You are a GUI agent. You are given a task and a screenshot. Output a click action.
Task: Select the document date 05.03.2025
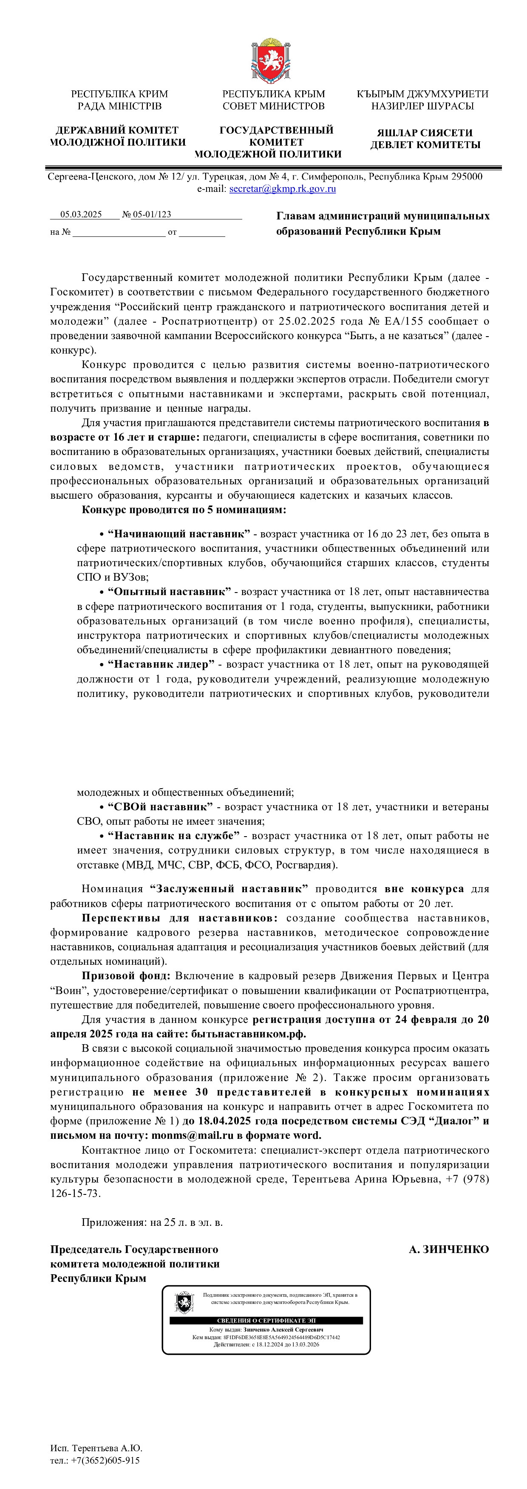tap(81, 214)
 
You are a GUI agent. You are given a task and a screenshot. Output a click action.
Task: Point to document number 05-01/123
tap(152, 214)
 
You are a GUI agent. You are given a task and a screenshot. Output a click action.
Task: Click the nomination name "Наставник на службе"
tap(173, 836)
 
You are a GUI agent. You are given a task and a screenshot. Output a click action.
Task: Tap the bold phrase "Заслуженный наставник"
tap(229, 889)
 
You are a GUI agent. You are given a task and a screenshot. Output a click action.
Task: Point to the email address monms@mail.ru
tap(193, 1135)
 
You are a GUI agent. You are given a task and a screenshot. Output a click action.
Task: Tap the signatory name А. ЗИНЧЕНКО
tap(448, 1250)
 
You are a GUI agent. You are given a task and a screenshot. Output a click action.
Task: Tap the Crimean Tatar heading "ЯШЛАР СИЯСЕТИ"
tap(425, 133)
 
